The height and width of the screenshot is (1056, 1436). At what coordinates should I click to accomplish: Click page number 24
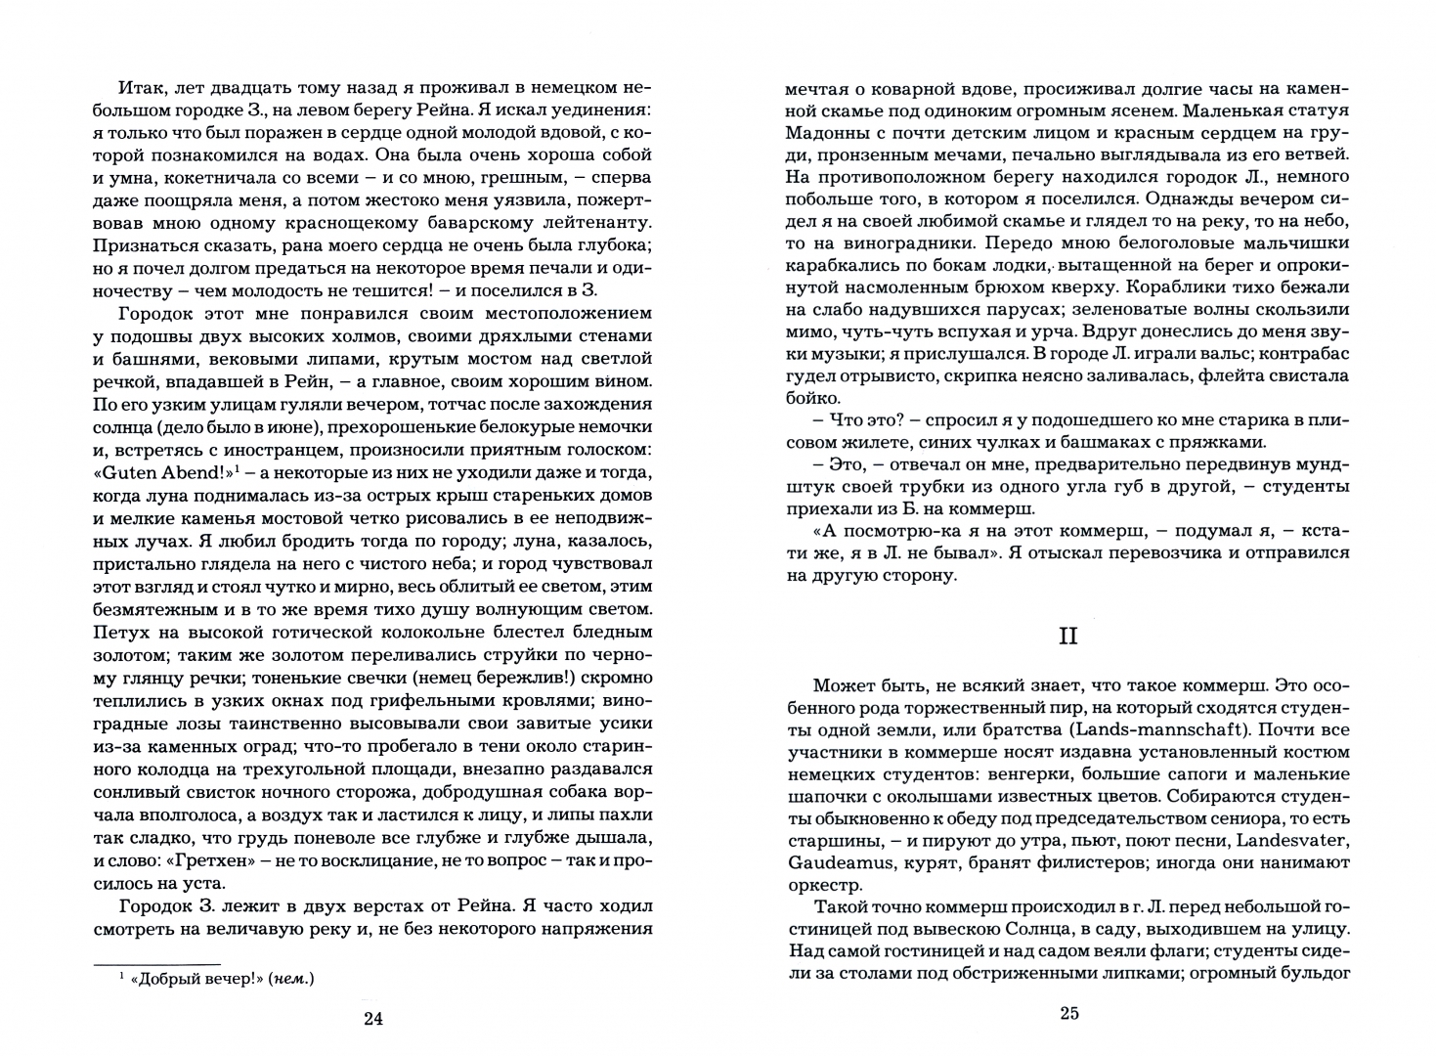pyautogui.click(x=372, y=1020)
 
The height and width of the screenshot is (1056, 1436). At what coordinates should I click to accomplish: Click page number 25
pyautogui.click(x=1068, y=1013)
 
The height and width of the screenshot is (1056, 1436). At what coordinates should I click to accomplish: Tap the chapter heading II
pyautogui.click(x=1067, y=636)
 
